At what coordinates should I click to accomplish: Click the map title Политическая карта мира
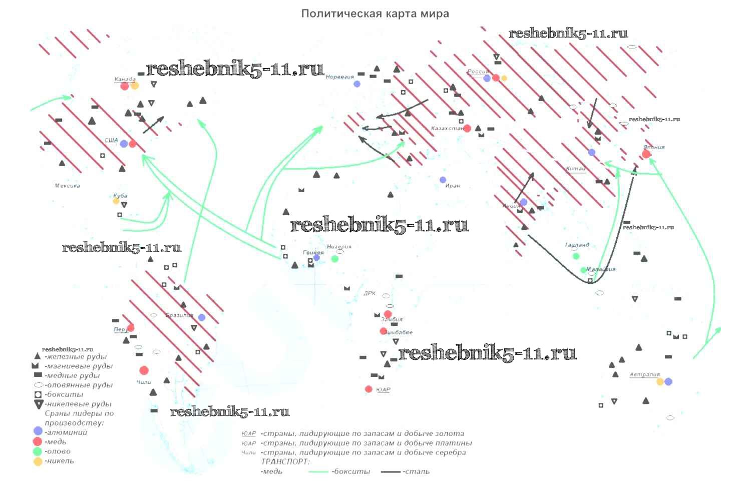tap(375, 14)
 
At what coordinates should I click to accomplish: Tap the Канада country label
tap(125, 79)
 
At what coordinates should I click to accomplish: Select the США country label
tap(111, 140)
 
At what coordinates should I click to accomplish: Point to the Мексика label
tap(67, 186)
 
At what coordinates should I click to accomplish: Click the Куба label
tap(120, 196)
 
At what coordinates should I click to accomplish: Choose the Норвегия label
tap(339, 77)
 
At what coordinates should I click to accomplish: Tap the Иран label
tap(452, 186)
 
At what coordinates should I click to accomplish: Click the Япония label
tap(654, 147)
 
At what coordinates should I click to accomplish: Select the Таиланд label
tap(577, 245)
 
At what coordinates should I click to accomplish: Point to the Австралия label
tap(644, 374)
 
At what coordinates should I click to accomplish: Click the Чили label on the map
tap(144, 382)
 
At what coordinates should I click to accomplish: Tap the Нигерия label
tap(339, 246)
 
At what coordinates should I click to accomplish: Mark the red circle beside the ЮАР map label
tap(369, 389)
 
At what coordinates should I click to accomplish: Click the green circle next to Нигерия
tap(335, 259)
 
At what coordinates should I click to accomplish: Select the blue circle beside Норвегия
tap(357, 84)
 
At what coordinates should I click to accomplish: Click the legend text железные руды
tap(76, 357)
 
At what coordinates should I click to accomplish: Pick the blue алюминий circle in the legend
tap(38, 431)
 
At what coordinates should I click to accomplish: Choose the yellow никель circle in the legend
tap(38, 461)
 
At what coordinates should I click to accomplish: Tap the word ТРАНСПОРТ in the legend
tap(285, 462)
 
